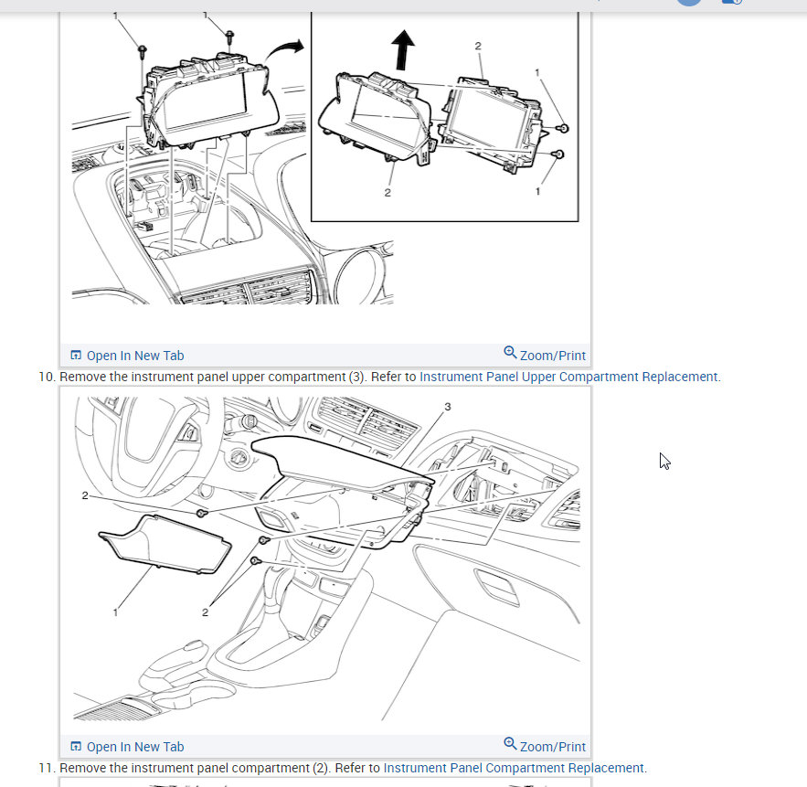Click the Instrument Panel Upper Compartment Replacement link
point(568,377)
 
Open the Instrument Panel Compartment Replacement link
point(514,768)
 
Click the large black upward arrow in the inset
point(403,49)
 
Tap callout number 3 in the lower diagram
point(448,407)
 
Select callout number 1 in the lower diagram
point(115,612)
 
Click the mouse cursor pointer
point(664,462)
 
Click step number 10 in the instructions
point(47,377)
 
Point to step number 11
point(47,768)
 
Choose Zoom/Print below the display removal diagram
point(545,355)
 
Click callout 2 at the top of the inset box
point(478,46)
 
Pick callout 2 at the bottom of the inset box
point(388,193)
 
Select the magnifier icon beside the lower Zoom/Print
point(510,744)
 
